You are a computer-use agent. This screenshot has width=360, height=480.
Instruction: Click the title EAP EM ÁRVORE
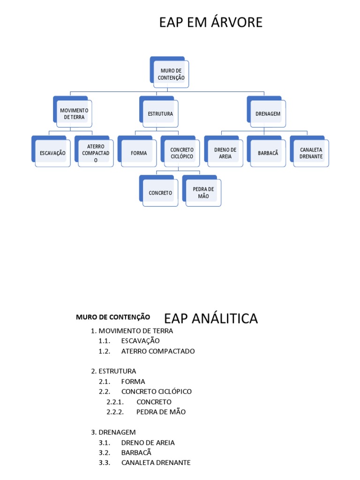[210, 22]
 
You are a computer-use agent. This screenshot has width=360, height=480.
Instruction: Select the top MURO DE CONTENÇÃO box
[171, 74]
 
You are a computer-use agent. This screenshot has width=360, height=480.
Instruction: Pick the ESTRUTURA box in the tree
[160, 114]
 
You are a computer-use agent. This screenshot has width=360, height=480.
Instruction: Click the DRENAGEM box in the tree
[268, 114]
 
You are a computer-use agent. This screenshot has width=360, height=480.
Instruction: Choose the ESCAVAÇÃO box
[52, 153]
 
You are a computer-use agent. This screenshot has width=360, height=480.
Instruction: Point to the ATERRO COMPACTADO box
[96, 153]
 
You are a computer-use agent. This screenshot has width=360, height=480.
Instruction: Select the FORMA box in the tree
[139, 153]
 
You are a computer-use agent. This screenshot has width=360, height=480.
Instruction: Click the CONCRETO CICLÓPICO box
[182, 153]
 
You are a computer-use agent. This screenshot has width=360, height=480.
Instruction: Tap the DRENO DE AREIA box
[225, 153]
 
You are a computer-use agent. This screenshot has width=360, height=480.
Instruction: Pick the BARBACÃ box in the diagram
[268, 153]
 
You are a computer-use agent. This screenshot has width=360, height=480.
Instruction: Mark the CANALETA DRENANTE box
[311, 153]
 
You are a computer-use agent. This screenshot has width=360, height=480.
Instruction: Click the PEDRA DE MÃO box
[203, 193]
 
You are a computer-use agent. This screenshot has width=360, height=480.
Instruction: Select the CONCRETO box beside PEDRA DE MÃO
[160, 193]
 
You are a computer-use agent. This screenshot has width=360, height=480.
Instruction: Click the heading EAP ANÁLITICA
[211, 319]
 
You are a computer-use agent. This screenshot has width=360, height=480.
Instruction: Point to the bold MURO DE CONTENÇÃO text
[113, 317]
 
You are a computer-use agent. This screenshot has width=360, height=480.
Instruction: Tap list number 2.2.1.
[115, 402]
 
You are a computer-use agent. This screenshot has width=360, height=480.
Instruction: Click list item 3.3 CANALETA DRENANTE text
[156, 463]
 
